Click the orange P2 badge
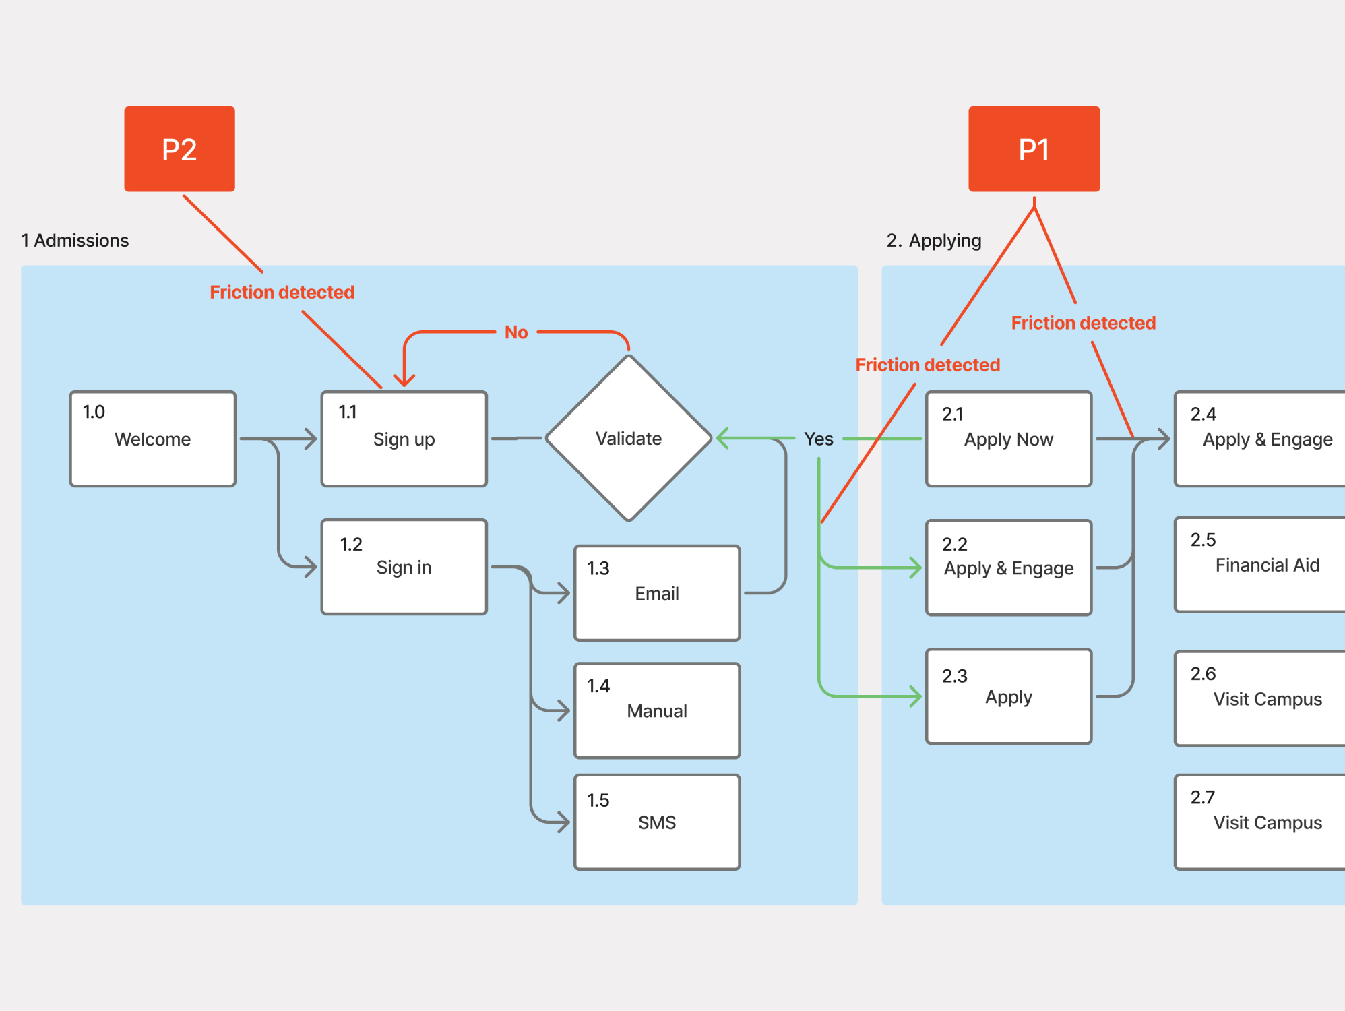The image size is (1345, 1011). (179, 149)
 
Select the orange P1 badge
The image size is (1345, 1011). (1034, 149)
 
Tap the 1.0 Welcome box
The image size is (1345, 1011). (153, 439)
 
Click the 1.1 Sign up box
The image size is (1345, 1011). (404, 439)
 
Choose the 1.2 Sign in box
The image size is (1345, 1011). (404, 567)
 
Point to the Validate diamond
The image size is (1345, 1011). (629, 438)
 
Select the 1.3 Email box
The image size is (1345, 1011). (657, 593)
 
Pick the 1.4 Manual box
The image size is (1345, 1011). (657, 710)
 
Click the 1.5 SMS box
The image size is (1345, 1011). (657, 822)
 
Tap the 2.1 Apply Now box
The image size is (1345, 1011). (1009, 439)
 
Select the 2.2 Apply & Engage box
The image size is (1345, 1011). (1009, 568)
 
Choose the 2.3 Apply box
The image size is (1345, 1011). (1009, 696)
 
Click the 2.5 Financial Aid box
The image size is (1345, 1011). (1260, 565)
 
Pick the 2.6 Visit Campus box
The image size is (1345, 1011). (1260, 698)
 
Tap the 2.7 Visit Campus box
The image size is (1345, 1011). (1260, 822)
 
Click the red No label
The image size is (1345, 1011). (516, 332)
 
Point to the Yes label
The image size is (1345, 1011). (819, 439)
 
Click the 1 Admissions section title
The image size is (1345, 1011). (75, 241)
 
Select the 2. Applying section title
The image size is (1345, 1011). (934, 241)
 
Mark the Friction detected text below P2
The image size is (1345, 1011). (282, 292)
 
